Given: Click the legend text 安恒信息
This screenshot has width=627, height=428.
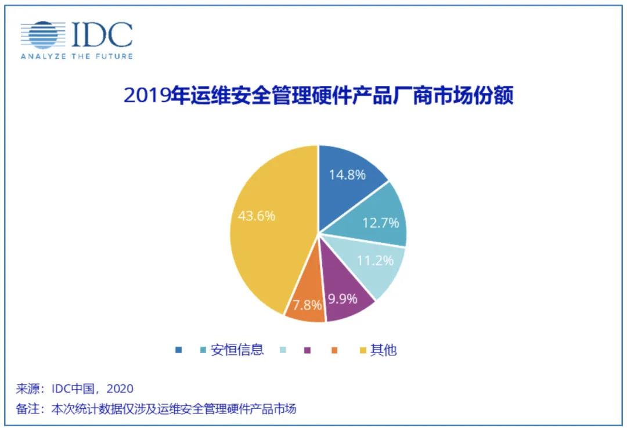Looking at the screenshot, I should click(237, 350).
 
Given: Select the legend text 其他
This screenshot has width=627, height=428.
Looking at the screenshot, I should click(384, 350).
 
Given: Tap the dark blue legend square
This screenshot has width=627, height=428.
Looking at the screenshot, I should click(178, 350).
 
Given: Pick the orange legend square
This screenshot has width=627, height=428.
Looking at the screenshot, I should click(335, 350).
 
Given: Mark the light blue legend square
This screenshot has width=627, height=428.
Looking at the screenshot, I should click(283, 350).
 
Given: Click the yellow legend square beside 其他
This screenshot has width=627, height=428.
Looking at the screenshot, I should click(363, 350).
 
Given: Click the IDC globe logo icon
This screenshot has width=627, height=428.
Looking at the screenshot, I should click(43, 35).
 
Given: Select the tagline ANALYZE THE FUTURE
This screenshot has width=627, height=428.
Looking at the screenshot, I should click(77, 56).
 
